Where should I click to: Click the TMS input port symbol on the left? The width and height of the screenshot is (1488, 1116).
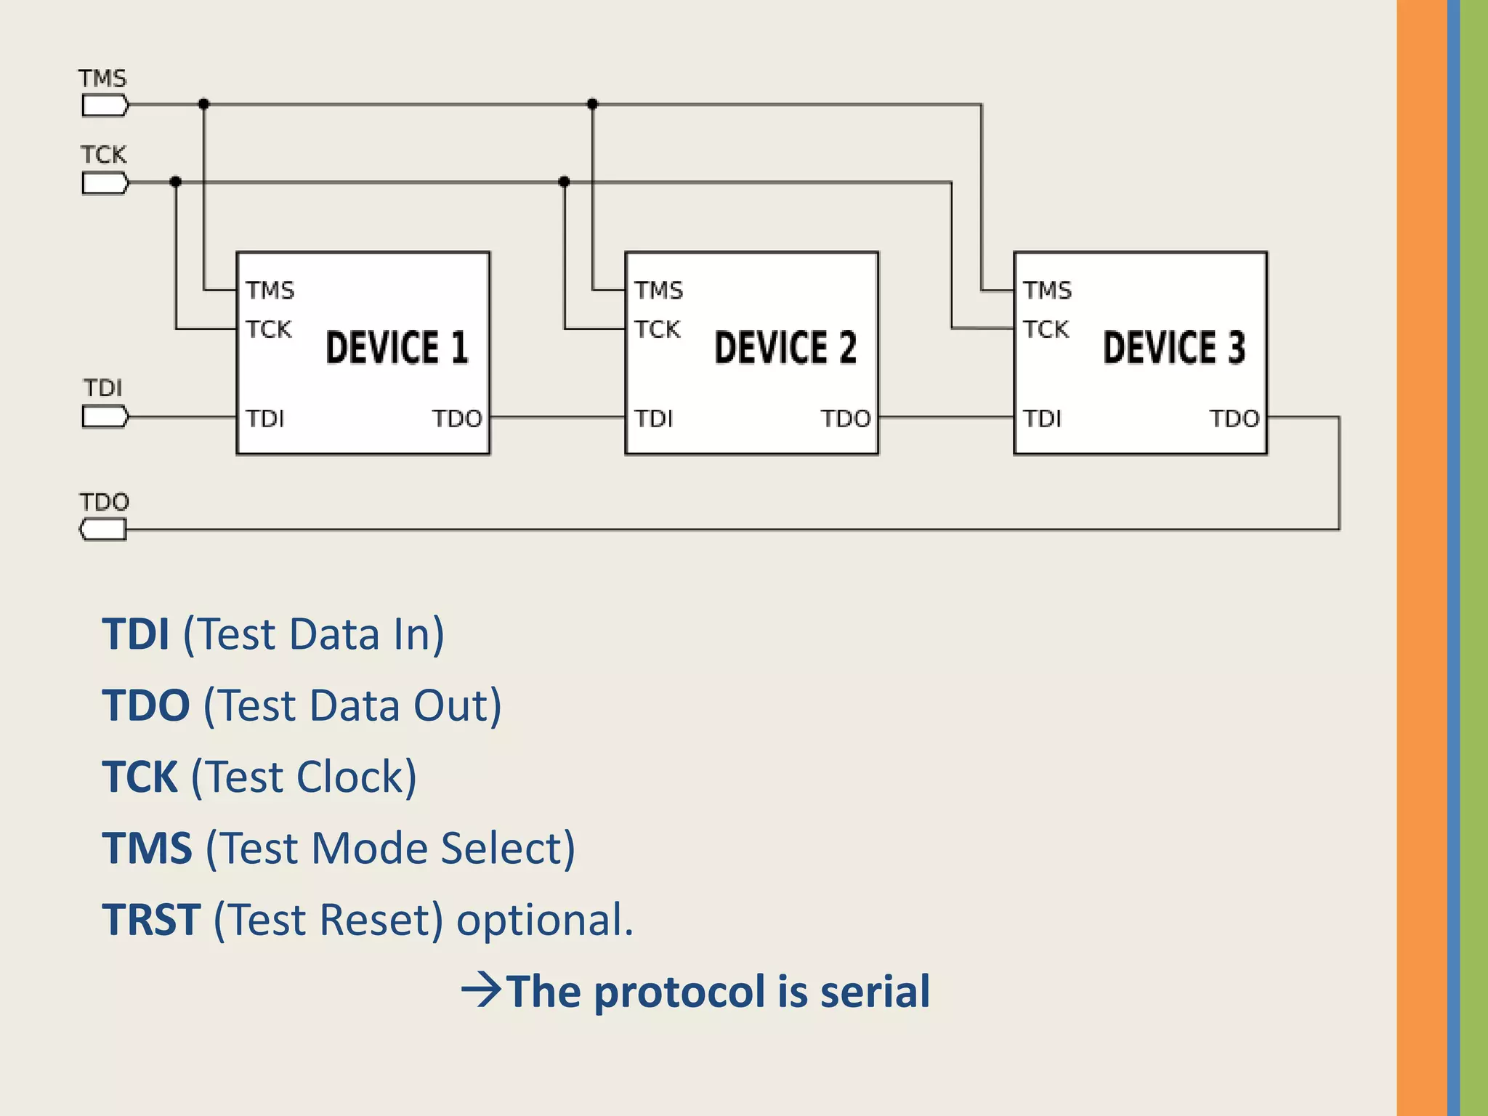pos(105,106)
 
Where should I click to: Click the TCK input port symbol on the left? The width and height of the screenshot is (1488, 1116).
pos(105,183)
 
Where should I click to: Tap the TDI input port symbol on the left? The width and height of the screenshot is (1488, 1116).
pos(105,417)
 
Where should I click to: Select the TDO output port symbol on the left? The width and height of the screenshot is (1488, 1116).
pos(103,530)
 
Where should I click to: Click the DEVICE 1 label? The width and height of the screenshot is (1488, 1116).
pos(397,347)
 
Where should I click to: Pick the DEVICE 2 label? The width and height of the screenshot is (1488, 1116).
pos(785,347)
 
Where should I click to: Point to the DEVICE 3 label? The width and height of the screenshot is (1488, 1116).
pos(1174,347)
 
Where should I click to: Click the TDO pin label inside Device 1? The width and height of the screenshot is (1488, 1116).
pos(457,419)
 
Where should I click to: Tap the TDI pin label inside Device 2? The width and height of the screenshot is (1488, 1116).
pos(654,419)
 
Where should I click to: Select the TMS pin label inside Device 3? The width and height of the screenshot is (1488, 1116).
pos(1047,291)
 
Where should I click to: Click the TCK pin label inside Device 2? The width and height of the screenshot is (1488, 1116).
pos(657,330)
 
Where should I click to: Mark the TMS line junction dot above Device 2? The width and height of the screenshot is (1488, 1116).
pos(592,105)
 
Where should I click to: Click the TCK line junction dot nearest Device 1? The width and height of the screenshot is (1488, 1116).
pos(175,182)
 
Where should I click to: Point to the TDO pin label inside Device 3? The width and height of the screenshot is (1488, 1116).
pos(1234,419)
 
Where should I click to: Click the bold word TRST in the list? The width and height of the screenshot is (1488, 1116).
pos(151,920)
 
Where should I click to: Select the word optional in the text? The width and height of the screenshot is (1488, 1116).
pos(543,920)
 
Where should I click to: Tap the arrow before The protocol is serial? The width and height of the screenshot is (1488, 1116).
pos(481,990)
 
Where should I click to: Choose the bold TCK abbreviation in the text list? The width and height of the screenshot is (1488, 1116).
pos(139,777)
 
